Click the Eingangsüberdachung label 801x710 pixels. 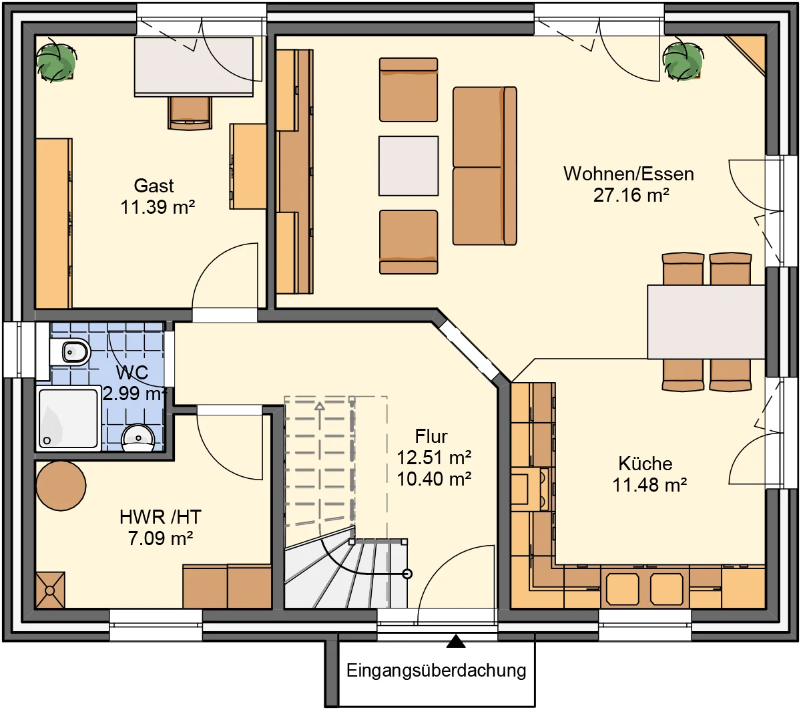pyautogui.click(x=436, y=670)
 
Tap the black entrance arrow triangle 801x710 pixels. pyautogui.click(x=456, y=641)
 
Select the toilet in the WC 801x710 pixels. pyautogui.click(x=70, y=351)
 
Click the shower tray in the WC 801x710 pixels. pyautogui.click(x=68, y=418)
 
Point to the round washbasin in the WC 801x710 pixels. pyautogui.click(x=138, y=438)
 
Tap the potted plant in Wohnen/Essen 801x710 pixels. pyautogui.click(x=683, y=61)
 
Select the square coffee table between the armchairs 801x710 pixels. pyautogui.click(x=409, y=166)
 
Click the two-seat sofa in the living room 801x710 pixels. pyautogui.click(x=485, y=166)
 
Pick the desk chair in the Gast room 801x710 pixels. pyautogui.click(x=190, y=113)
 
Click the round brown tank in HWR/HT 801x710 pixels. pyautogui.click(x=61, y=486)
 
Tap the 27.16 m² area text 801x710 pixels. pyautogui.click(x=631, y=196)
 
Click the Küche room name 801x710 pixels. pyautogui.click(x=645, y=463)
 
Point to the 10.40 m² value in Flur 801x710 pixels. pyautogui.click(x=434, y=479)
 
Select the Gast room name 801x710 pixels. pyautogui.click(x=154, y=186)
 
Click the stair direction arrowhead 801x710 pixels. pyautogui.click(x=320, y=406)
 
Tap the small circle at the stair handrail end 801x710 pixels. pyautogui.click(x=407, y=574)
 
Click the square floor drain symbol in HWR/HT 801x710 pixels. pyautogui.click(x=50, y=590)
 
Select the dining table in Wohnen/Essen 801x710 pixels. pyautogui.click(x=706, y=321)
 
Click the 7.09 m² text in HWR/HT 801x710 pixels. pyautogui.click(x=160, y=538)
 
